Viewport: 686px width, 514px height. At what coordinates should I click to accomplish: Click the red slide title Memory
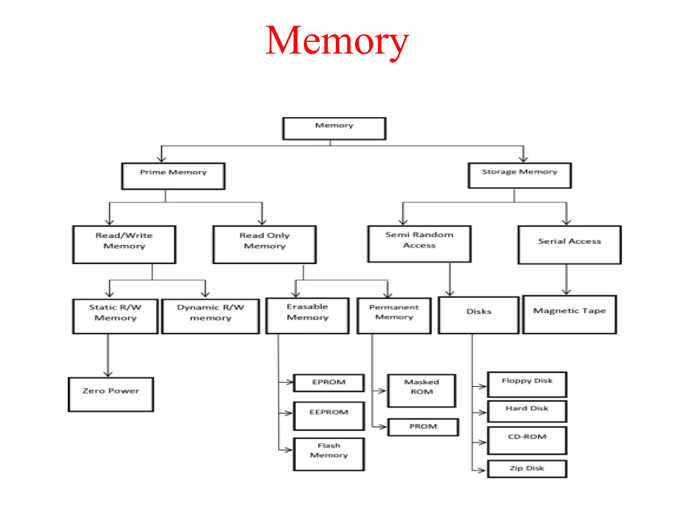(x=337, y=41)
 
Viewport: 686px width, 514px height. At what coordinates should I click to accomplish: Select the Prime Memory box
(x=173, y=176)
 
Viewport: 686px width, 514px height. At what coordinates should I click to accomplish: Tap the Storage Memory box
(x=520, y=175)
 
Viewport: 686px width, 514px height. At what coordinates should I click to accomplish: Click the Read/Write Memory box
(x=124, y=244)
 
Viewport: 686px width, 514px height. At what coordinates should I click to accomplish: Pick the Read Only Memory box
(x=264, y=244)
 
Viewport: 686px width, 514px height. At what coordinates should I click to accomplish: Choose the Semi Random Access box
(x=419, y=244)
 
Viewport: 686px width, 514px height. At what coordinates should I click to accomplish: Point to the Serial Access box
(x=569, y=245)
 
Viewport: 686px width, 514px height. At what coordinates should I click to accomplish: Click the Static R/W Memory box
(x=115, y=316)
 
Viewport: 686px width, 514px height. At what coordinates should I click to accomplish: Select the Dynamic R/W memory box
(x=210, y=316)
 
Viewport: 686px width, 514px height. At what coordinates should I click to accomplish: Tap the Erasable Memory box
(x=307, y=315)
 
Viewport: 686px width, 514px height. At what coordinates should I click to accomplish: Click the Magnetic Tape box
(x=569, y=314)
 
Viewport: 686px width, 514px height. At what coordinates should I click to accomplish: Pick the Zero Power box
(x=111, y=394)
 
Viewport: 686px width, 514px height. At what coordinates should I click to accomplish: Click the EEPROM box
(x=329, y=416)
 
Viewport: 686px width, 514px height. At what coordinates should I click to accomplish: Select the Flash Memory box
(x=329, y=454)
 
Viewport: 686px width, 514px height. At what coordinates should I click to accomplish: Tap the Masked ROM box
(x=421, y=391)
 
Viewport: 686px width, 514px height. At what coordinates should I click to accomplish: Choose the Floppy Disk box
(x=527, y=384)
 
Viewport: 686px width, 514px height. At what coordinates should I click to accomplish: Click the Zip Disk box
(x=527, y=468)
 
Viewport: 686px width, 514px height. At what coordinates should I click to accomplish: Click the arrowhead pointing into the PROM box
(x=383, y=427)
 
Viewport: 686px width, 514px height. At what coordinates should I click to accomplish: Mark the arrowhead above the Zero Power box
(x=108, y=374)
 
